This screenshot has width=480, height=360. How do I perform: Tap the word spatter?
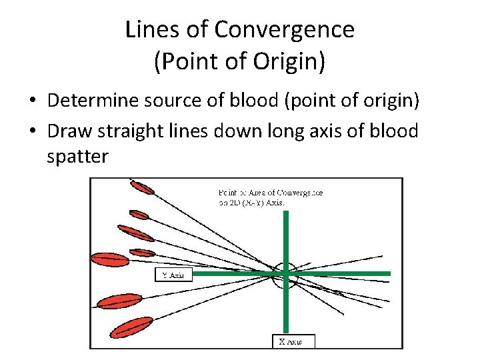coord(77,157)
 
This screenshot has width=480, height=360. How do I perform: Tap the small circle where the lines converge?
coord(285,274)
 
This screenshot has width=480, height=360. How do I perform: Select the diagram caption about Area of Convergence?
coord(270,197)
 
